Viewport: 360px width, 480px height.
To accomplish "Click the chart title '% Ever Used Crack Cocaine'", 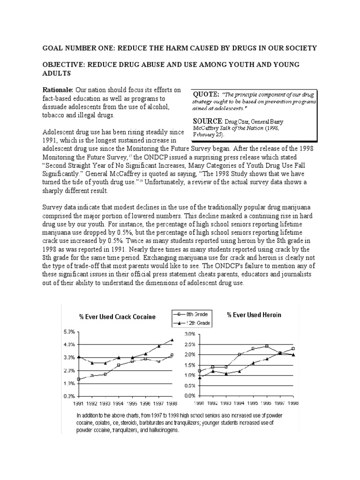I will (117, 317).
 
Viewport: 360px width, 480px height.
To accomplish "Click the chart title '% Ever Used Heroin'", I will (254, 315).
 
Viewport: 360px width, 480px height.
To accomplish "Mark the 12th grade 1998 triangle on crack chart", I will (172, 340).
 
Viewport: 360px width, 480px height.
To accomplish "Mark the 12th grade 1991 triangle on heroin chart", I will (199, 377).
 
